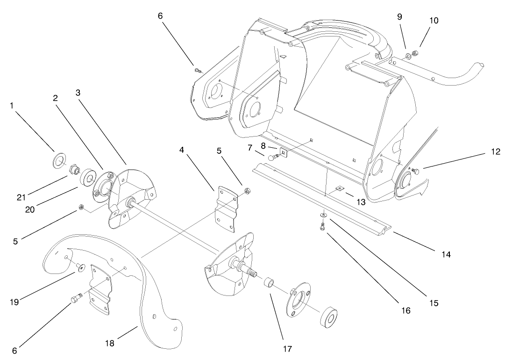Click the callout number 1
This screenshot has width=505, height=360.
pos(12,106)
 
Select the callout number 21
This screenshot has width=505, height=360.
pos(21,197)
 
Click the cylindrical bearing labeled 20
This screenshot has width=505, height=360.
pos(87,179)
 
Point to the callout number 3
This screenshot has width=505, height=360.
pos(78,92)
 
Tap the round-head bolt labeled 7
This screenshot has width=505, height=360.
pos(271,158)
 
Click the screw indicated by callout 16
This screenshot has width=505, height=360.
pos(323,227)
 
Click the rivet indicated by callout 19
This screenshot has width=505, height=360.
pos(80,266)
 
